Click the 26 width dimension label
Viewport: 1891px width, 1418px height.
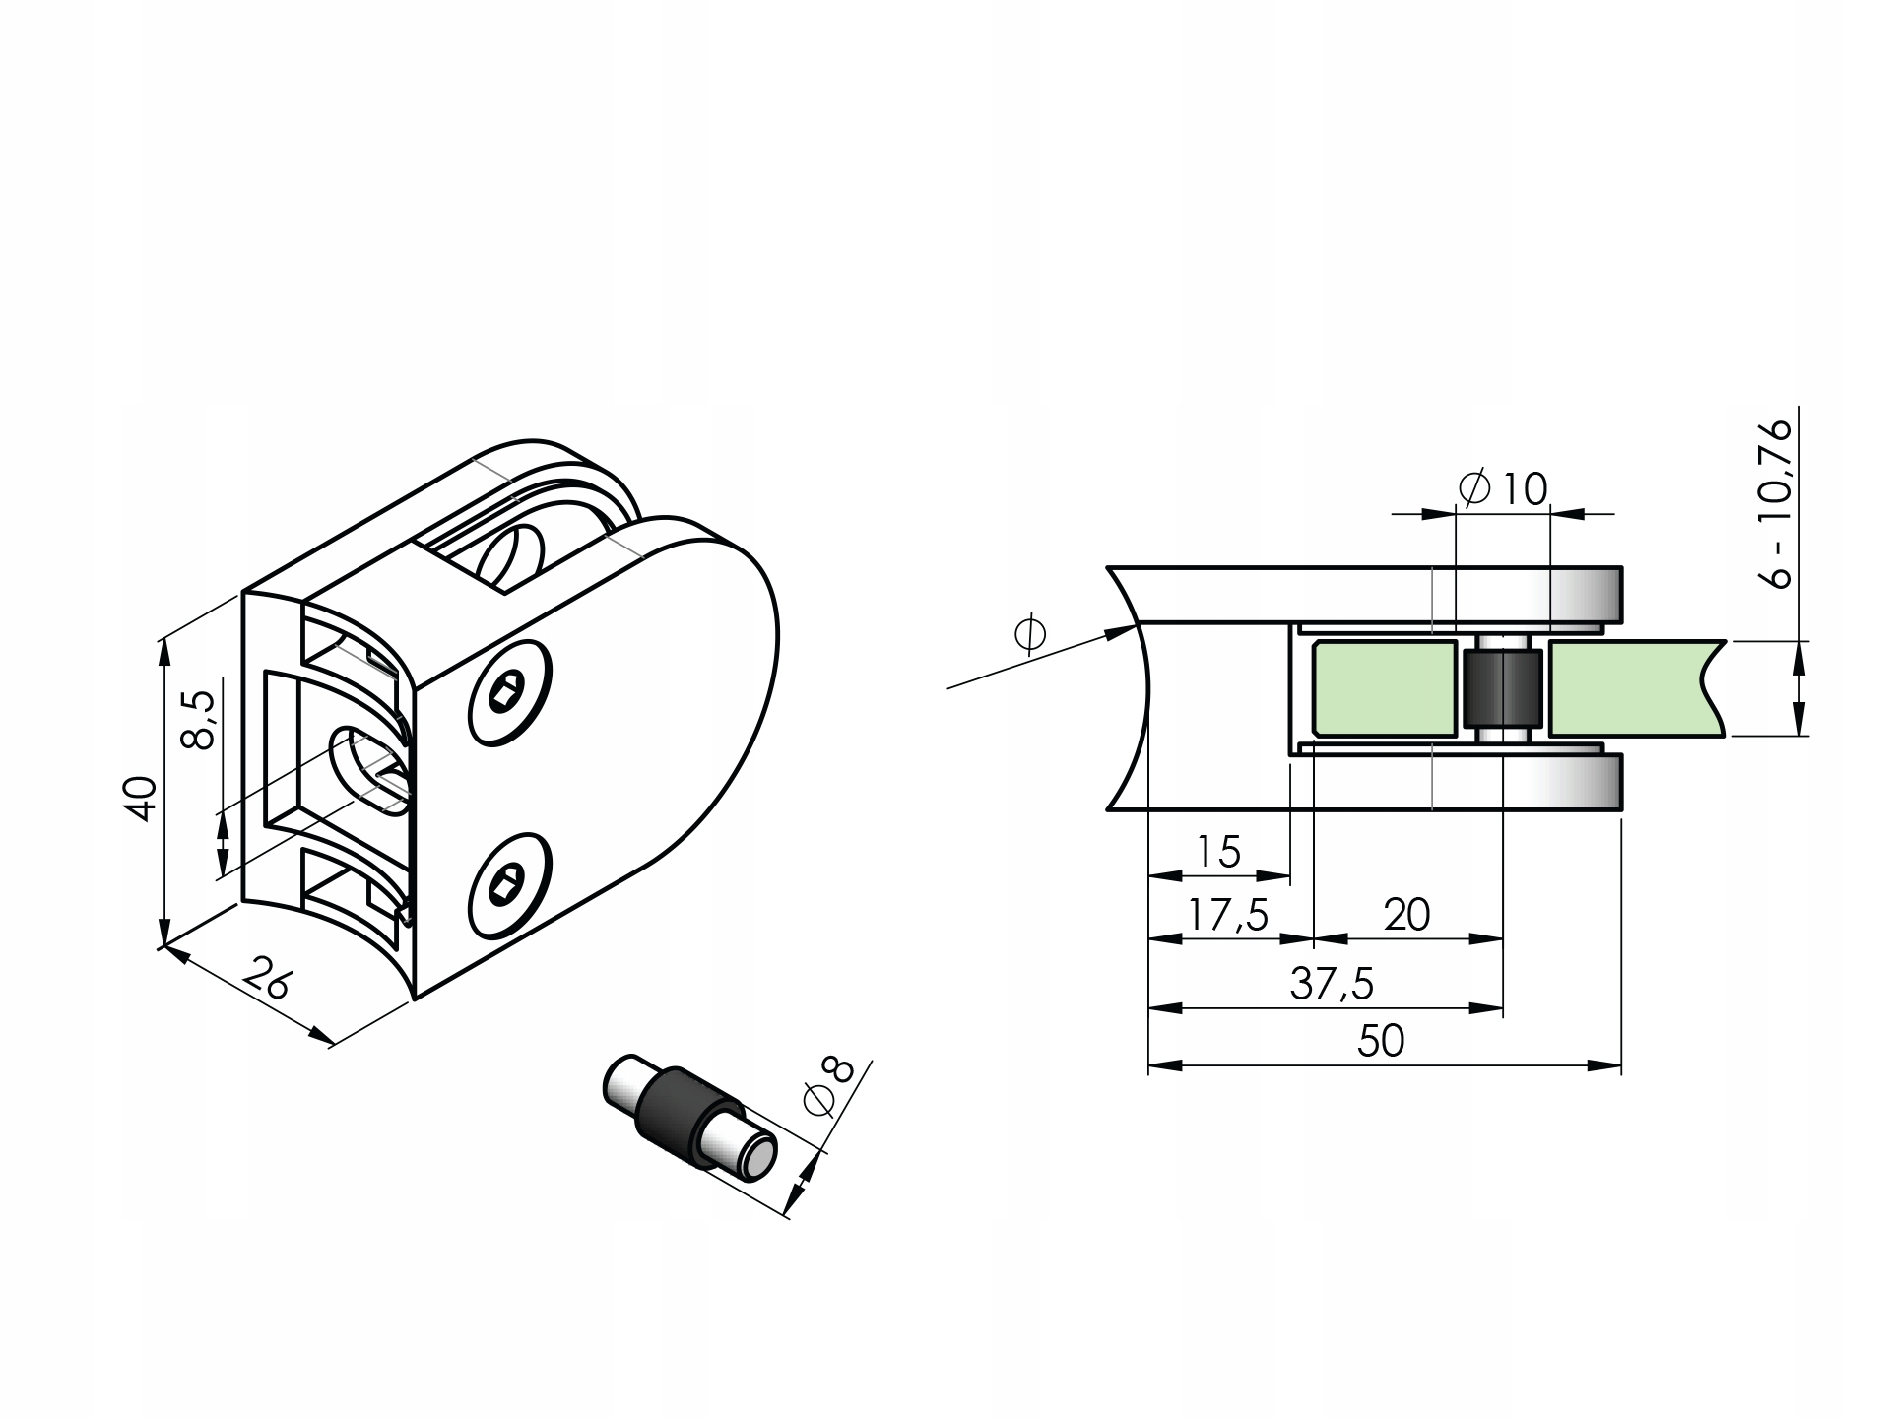point(266,978)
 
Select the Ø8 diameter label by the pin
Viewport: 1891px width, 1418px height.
point(827,1086)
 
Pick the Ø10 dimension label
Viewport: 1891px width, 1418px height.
point(1503,488)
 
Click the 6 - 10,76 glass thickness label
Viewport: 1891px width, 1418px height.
point(1779,503)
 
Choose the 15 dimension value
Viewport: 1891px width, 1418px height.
point(1218,852)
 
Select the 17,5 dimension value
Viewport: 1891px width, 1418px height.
point(1227,916)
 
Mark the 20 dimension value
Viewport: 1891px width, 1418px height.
point(1406,916)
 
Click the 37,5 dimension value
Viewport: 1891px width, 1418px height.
point(1332,984)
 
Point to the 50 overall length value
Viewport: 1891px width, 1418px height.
point(1381,1041)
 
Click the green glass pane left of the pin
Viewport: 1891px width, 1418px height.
point(1384,688)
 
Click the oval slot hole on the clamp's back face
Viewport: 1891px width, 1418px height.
point(371,766)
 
